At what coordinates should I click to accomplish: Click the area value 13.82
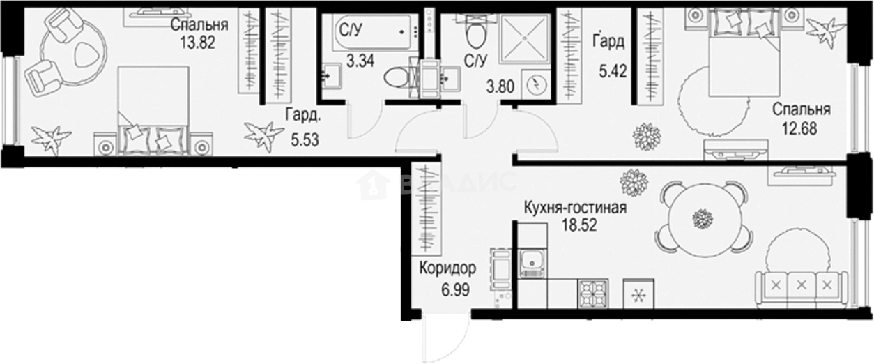194,41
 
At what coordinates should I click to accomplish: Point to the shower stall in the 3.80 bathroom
523,39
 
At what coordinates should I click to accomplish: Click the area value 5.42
613,70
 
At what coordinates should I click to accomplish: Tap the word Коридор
448,268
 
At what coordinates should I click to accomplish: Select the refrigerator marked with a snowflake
636,294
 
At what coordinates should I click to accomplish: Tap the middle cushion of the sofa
801,285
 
